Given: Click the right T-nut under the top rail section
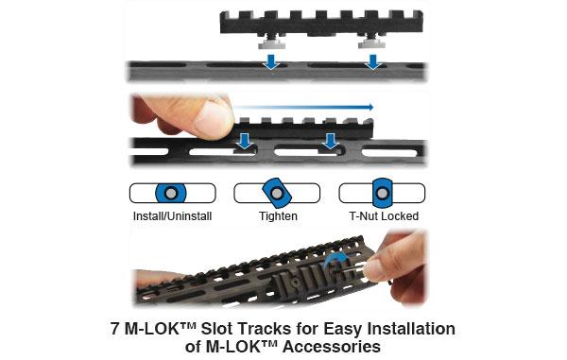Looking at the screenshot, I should pos(373,43).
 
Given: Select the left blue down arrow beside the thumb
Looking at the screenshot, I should pos(245,142).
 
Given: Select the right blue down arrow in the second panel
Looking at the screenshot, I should pos(330,142).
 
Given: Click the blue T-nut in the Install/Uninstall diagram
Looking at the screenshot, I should pos(170,193).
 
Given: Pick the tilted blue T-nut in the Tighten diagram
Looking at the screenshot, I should pos(277,193).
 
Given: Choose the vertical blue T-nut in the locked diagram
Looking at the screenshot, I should pos(382,193).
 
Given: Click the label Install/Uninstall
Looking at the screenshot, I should pos(171,216).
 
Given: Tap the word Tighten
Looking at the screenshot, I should pos(277,216).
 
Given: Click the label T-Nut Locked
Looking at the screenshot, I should pos(382,216).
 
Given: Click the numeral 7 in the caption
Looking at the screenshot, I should pos(116,329).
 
